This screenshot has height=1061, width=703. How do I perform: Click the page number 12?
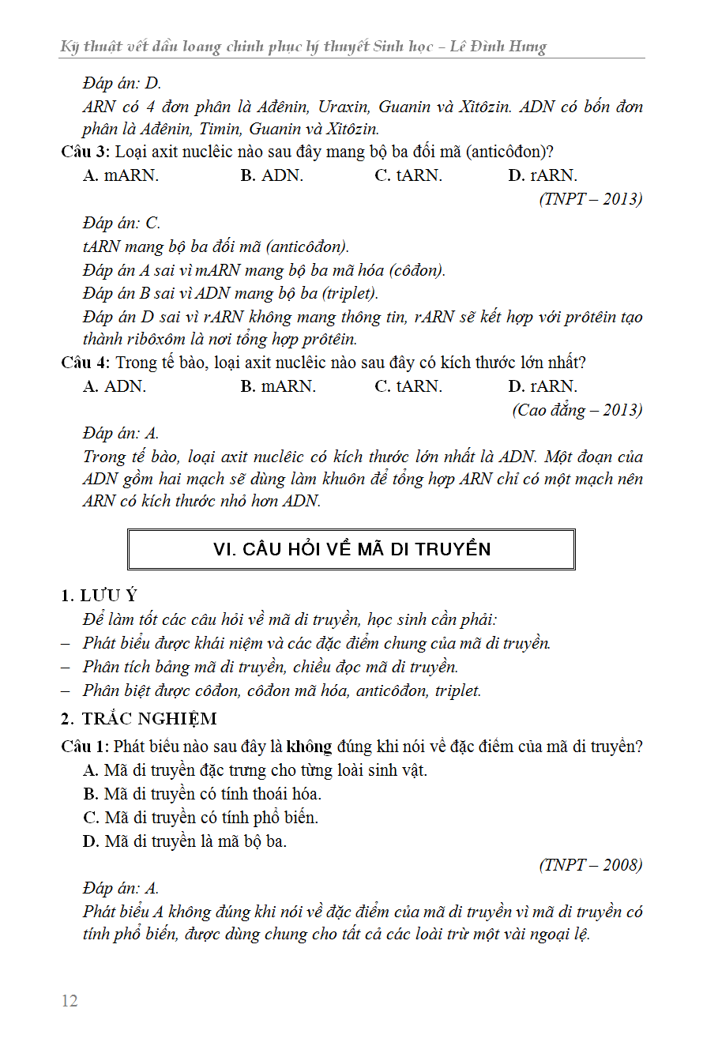click(x=70, y=1001)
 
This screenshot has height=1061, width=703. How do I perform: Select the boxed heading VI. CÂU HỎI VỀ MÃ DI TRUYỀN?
click(x=351, y=549)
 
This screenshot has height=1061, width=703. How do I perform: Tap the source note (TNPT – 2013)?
click(x=591, y=198)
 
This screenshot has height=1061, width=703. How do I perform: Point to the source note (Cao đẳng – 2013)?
click(x=577, y=410)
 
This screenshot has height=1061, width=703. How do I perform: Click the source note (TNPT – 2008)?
click(x=591, y=864)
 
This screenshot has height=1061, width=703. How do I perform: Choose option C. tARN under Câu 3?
click(x=408, y=175)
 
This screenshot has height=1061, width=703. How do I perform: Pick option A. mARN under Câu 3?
click(x=121, y=175)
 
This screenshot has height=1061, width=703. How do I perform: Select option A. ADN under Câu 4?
click(x=115, y=386)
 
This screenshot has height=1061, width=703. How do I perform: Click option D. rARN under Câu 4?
click(x=543, y=386)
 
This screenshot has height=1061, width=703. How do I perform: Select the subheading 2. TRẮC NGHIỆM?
click(x=139, y=718)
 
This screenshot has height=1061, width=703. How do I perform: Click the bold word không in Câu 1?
click(x=309, y=746)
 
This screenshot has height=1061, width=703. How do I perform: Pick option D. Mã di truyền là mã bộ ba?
click(x=185, y=841)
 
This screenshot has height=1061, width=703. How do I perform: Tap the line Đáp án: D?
click(x=122, y=83)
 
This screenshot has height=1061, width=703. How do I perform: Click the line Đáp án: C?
click(x=122, y=224)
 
